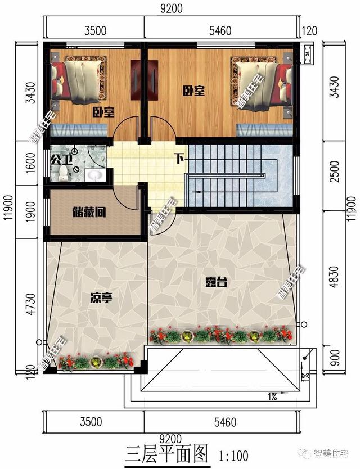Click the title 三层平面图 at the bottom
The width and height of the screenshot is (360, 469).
(166, 453)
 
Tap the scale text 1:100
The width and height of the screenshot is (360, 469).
(230, 454)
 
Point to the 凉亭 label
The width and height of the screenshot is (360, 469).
(101, 297)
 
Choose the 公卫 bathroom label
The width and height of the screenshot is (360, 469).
(61, 159)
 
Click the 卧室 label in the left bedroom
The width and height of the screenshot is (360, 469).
(103, 112)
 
